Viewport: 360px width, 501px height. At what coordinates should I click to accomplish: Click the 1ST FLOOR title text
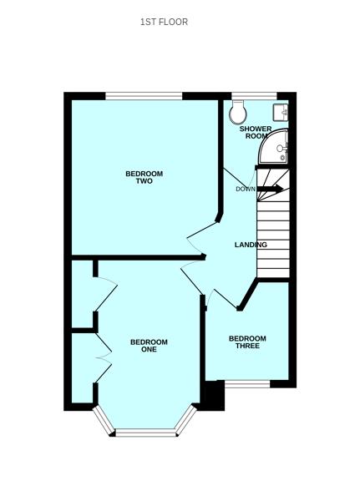click(164, 22)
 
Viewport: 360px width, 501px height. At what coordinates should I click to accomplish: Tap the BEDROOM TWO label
click(144, 177)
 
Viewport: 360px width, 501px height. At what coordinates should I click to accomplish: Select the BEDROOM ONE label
click(149, 345)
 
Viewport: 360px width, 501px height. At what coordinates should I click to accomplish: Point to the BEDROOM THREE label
click(248, 342)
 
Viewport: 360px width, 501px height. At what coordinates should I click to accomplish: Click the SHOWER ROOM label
click(256, 132)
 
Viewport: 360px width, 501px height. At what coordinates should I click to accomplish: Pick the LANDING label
click(251, 245)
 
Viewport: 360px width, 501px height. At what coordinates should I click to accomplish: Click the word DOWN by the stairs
click(245, 189)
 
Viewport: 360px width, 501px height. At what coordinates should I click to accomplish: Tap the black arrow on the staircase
click(270, 190)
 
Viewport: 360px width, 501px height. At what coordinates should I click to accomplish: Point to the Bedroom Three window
click(247, 383)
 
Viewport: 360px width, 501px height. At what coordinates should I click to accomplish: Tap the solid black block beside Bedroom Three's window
click(214, 396)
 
